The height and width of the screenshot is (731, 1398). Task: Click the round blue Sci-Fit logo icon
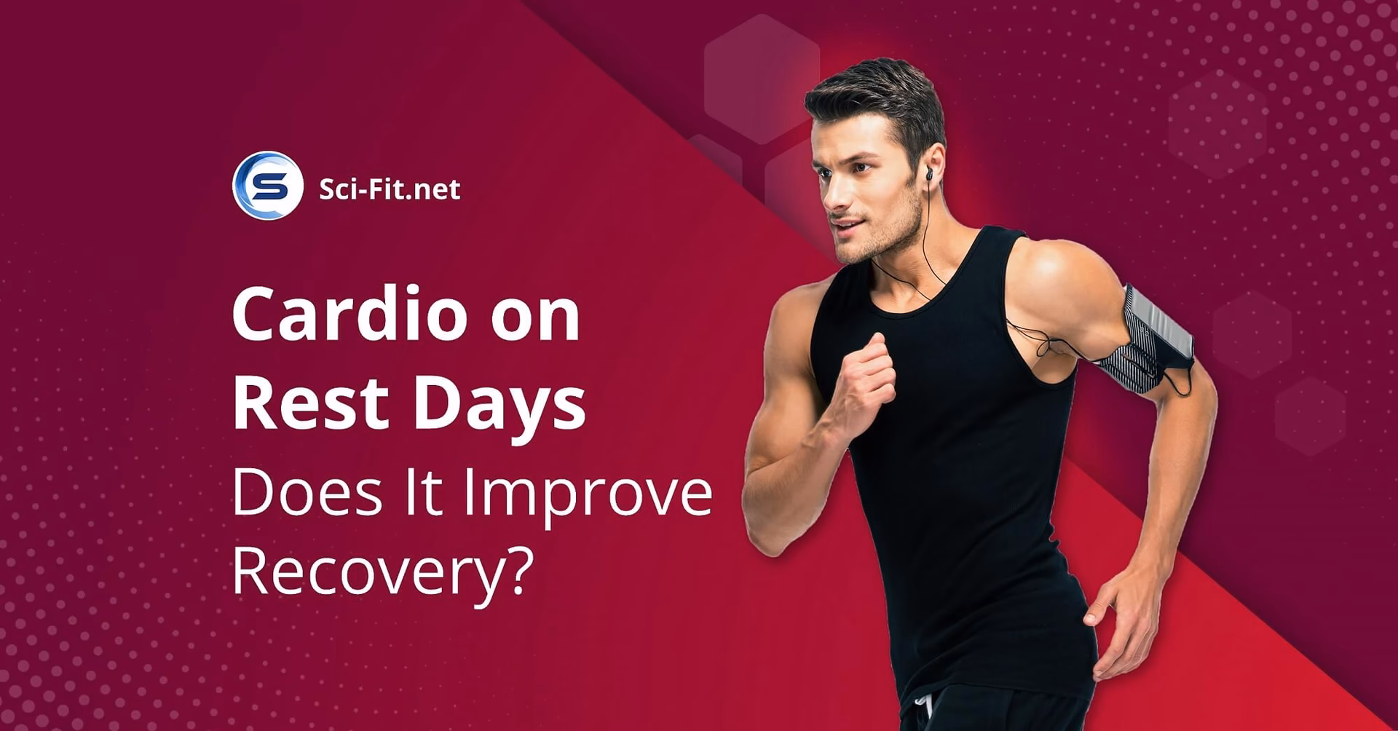point(267,186)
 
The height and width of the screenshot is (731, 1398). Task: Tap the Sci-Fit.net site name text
point(390,189)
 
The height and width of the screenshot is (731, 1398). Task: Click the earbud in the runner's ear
point(929,175)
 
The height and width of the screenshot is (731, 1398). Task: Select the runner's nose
point(831,193)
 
